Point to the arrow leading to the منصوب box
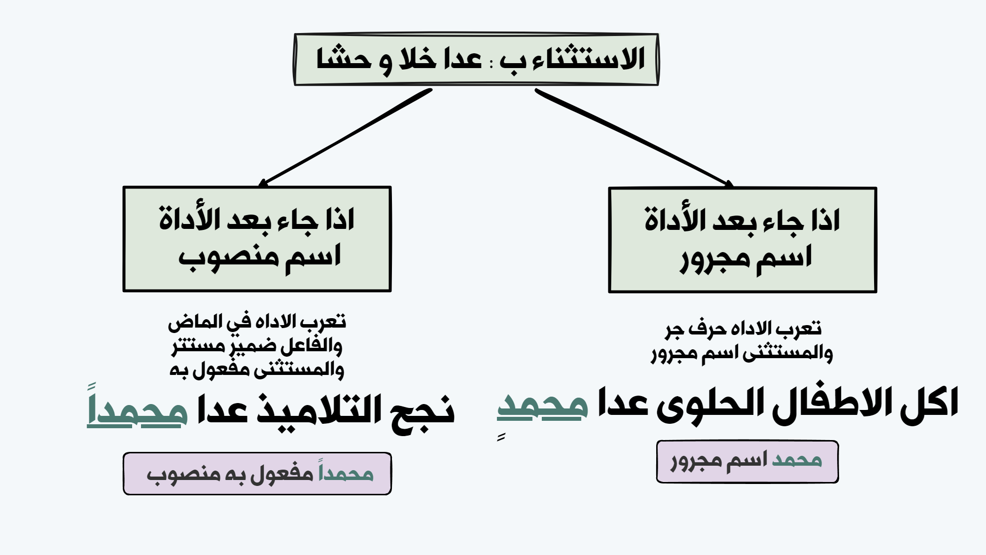[x=346, y=137]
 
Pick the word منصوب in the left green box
[x=232, y=257]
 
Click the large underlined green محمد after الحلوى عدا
[x=542, y=407]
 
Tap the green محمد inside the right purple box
[x=797, y=460]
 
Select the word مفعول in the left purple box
[x=282, y=473]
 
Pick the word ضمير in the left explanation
[x=254, y=346]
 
